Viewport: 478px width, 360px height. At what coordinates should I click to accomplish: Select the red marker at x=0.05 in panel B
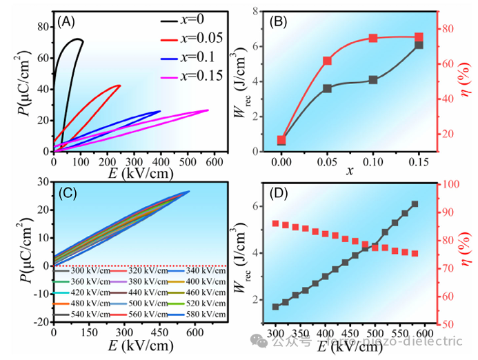click(327, 61)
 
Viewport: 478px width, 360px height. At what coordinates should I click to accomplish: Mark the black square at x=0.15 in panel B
click(419, 45)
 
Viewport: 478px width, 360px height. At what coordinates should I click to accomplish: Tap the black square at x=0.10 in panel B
click(373, 80)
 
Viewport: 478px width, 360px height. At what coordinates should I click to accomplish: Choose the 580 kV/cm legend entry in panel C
click(204, 314)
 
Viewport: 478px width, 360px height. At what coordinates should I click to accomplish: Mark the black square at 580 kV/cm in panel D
click(415, 204)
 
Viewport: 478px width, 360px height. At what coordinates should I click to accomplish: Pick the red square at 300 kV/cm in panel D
click(276, 223)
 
